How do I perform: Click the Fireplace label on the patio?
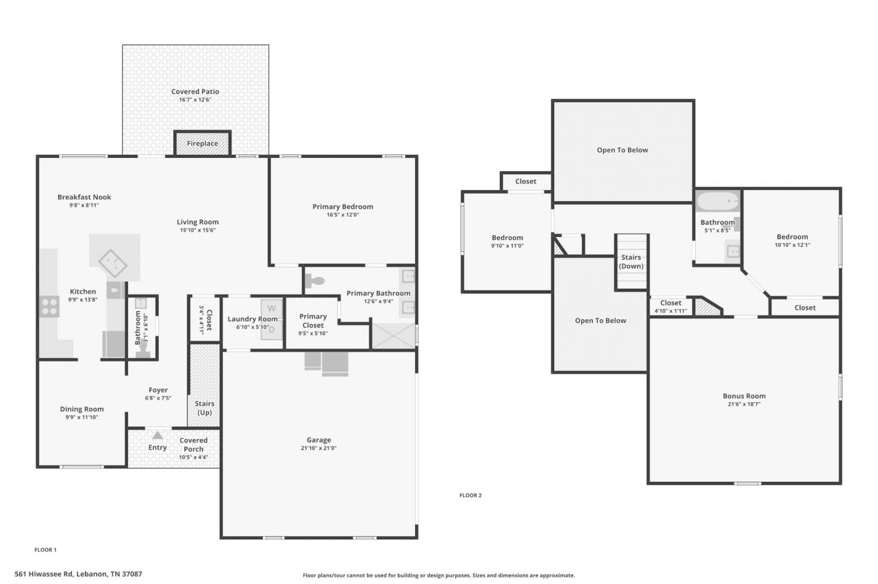[x=203, y=143]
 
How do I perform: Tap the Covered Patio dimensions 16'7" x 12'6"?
[x=195, y=100]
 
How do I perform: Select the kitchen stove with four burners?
[x=49, y=306]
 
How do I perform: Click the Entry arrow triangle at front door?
[x=157, y=436]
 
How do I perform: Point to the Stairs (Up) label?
[x=205, y=408]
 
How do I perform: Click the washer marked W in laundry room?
[x=272, y=308]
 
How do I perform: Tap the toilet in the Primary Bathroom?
[x=315, y=280]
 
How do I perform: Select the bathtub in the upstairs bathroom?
[x=718, y=201]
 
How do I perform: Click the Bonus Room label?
[x=745, y=396]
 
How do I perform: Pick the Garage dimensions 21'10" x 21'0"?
[x=318, y=448]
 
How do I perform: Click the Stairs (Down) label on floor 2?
[x=631, y=261]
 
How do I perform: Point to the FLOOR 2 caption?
[x=471, y=495]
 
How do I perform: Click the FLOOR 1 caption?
[x=46, y=550]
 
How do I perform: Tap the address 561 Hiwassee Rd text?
[x=43, y=574]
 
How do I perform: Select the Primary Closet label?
[x=313, y=320]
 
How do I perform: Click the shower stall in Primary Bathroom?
[x=393, y=336]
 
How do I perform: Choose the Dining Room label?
[x=82, y=409]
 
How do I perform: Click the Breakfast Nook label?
[x=84, y=197]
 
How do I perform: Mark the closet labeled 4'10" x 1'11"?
[x=671, y=306]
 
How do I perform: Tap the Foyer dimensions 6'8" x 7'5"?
[x=158, y=398]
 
